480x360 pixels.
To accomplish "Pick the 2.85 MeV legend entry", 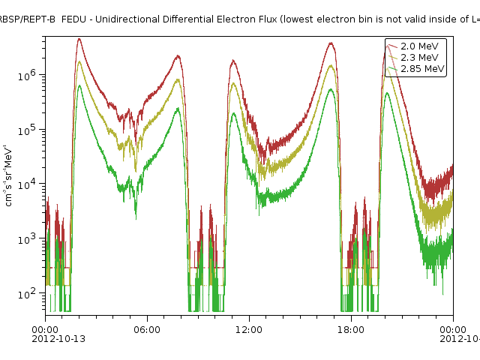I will click(422, 69).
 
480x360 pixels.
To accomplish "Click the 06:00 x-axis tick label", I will click(147, 329).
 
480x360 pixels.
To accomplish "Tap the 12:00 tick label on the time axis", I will click(249, 329).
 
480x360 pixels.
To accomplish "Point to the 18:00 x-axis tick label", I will click(351, 329).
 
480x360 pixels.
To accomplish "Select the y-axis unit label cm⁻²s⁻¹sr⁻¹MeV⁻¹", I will click(9, 175).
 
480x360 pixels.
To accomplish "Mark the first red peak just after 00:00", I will click(79, 40).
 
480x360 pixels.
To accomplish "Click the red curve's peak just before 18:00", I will click(331, 43).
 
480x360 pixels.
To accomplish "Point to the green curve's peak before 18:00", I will click(331, 89).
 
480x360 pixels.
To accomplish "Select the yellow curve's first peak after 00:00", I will click(79, 61).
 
